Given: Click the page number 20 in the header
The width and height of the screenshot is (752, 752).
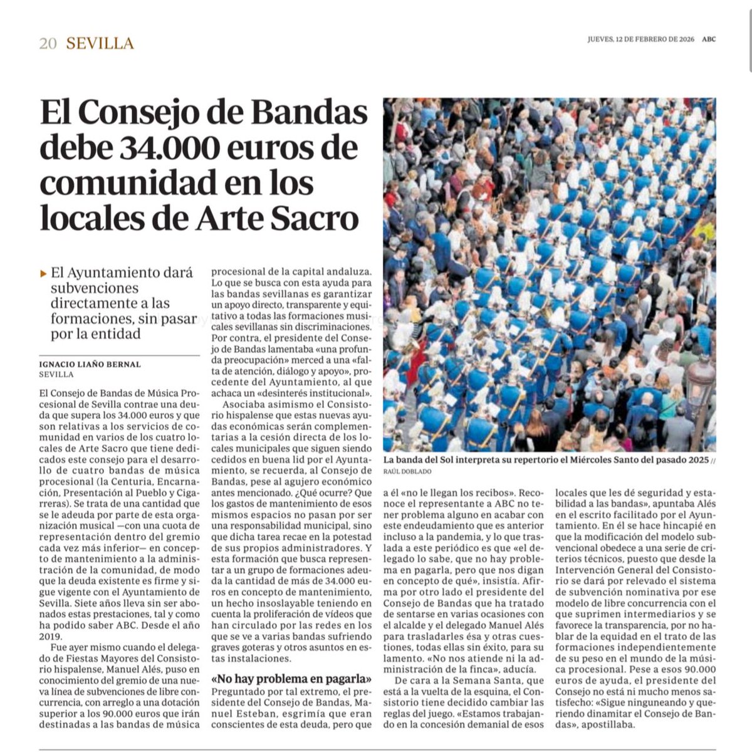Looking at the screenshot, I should click(48, 43).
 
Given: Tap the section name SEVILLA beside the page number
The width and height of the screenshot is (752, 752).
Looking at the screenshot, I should click(100, 43).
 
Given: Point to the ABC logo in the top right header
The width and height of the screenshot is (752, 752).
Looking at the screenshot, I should click(708, 39).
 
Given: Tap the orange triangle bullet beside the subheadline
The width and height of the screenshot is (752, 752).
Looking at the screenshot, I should click(43, 273).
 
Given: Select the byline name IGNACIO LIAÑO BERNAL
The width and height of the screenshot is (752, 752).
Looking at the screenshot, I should click(90, 364).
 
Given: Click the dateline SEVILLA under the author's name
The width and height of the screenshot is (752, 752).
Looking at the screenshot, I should click(56, 374).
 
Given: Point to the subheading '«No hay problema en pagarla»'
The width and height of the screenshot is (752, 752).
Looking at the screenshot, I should click(292, 679).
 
